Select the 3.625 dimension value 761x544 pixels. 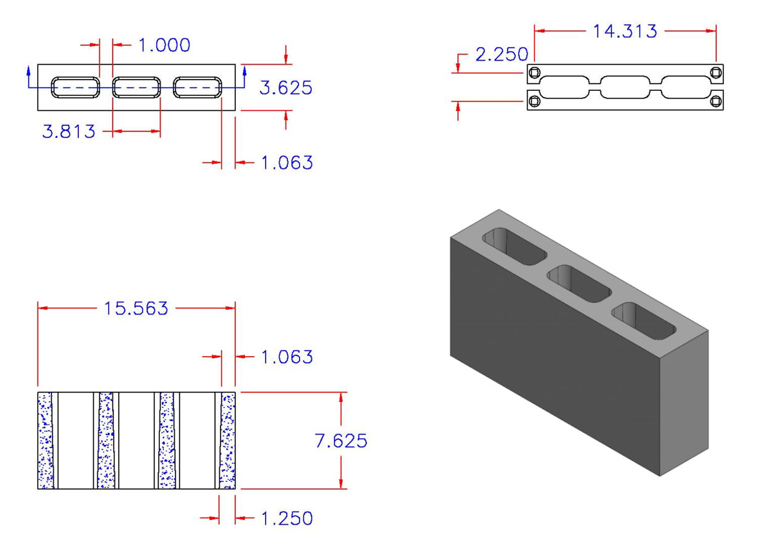285,88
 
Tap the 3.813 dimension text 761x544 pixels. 69,131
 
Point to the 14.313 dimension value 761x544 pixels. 625,31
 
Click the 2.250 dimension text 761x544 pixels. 502,54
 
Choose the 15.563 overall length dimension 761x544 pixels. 137,308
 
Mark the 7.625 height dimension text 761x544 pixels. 340,441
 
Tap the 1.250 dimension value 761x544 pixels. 286,518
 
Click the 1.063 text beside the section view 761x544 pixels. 286,357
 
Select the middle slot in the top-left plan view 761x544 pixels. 137,87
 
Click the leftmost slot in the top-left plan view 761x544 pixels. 75,87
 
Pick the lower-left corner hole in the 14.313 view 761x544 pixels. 535,101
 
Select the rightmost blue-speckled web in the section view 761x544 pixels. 229,441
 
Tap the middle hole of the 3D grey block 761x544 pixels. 579,283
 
